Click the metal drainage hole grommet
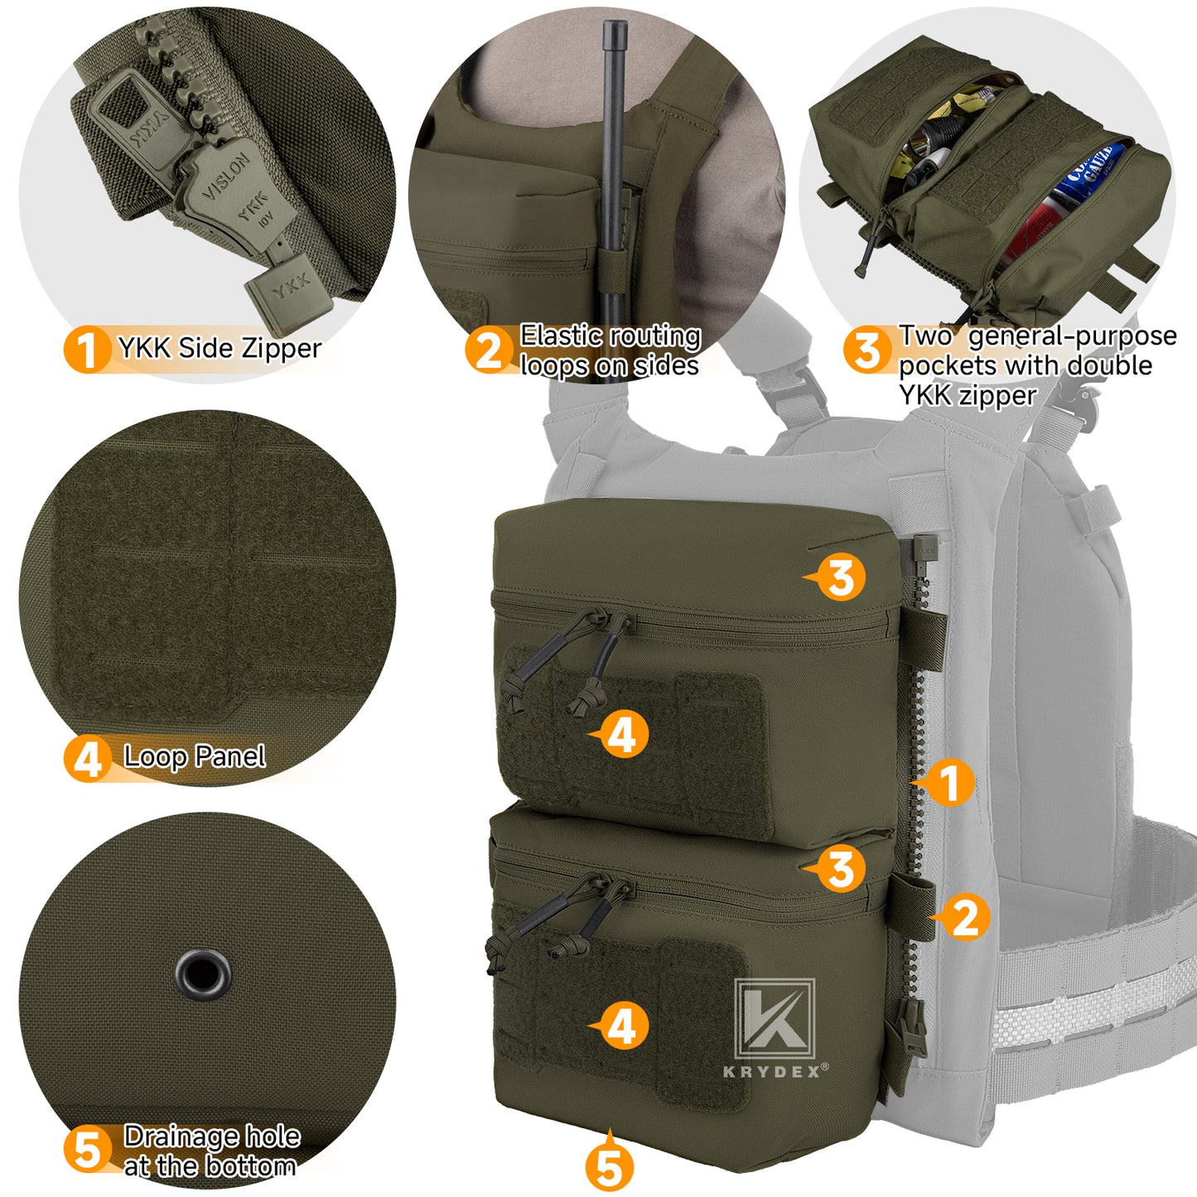203,974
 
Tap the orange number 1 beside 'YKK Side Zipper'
86,350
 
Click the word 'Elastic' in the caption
560,335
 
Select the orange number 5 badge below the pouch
609,1168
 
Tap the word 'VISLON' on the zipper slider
227,176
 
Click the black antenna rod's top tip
614,28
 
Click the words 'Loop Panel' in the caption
194,756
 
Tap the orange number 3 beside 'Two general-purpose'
866,350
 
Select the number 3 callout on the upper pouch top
840,577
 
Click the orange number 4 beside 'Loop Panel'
86,759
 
